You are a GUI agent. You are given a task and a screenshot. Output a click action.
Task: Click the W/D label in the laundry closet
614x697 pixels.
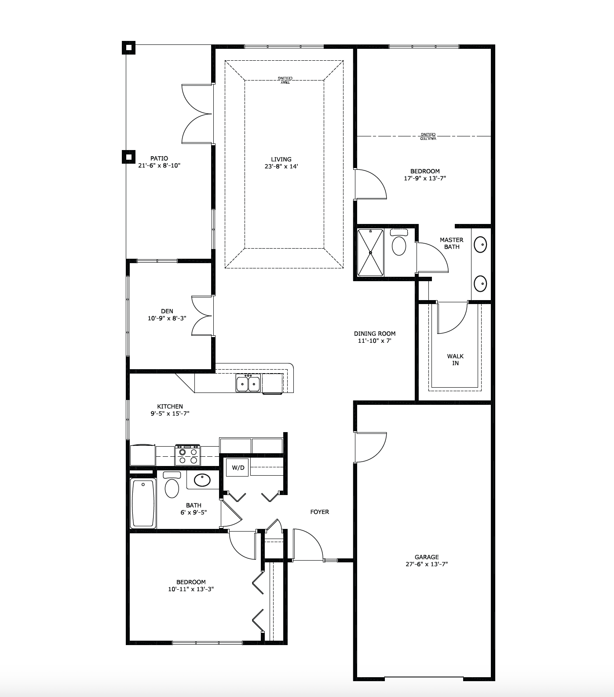click(x=238, y=468)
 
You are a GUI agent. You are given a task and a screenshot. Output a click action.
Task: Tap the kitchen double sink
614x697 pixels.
click(x=248, y=383)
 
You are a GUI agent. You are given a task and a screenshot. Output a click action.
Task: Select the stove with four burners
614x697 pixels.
click(x=187, y=455)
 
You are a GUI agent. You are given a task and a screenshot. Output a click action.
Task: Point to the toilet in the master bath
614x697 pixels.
click(x=399, y=242)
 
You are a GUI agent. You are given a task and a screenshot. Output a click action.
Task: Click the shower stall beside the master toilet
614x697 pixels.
click(x=370, y=253)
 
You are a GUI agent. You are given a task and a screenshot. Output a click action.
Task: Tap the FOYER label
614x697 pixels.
click(x=320, y=512)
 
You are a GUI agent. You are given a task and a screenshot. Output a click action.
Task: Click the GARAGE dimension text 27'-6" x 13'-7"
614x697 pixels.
click(x=427, y=564)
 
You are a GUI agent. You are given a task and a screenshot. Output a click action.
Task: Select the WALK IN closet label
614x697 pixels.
click(x=455, y=360)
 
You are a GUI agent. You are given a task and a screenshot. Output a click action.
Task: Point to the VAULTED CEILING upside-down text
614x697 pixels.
click(x=428, y=136)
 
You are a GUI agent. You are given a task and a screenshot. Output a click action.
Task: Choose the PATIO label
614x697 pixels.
click(x=159, y=158)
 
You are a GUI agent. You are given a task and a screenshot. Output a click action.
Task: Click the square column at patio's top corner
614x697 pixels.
click(x=128, y=48)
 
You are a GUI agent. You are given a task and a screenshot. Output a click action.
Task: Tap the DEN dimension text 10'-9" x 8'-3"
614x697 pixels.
click(x=167, y=318)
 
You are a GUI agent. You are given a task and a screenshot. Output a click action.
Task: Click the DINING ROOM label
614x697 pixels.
click(x=375, y=334)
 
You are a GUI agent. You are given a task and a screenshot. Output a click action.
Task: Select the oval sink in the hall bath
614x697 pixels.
click(x=202, y=480)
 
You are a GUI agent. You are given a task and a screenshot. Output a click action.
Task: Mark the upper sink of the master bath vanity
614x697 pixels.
click(x=480, y=243)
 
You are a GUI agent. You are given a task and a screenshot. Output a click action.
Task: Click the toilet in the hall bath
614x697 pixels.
click(x=172, y=484)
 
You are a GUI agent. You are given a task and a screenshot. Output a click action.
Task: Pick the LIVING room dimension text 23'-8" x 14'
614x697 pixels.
click(x=281, y=166)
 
